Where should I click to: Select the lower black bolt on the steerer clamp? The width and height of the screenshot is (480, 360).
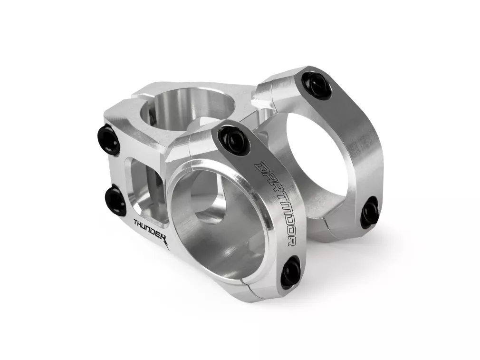click(115, 200)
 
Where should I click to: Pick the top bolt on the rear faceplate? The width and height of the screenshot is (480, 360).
click(317, 85)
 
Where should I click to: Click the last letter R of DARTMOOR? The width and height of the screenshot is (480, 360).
click(291, 241)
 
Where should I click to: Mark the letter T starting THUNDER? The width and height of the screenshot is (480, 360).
click(136, 222)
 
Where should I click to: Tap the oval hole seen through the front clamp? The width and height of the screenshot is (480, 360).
click(211, 204)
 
